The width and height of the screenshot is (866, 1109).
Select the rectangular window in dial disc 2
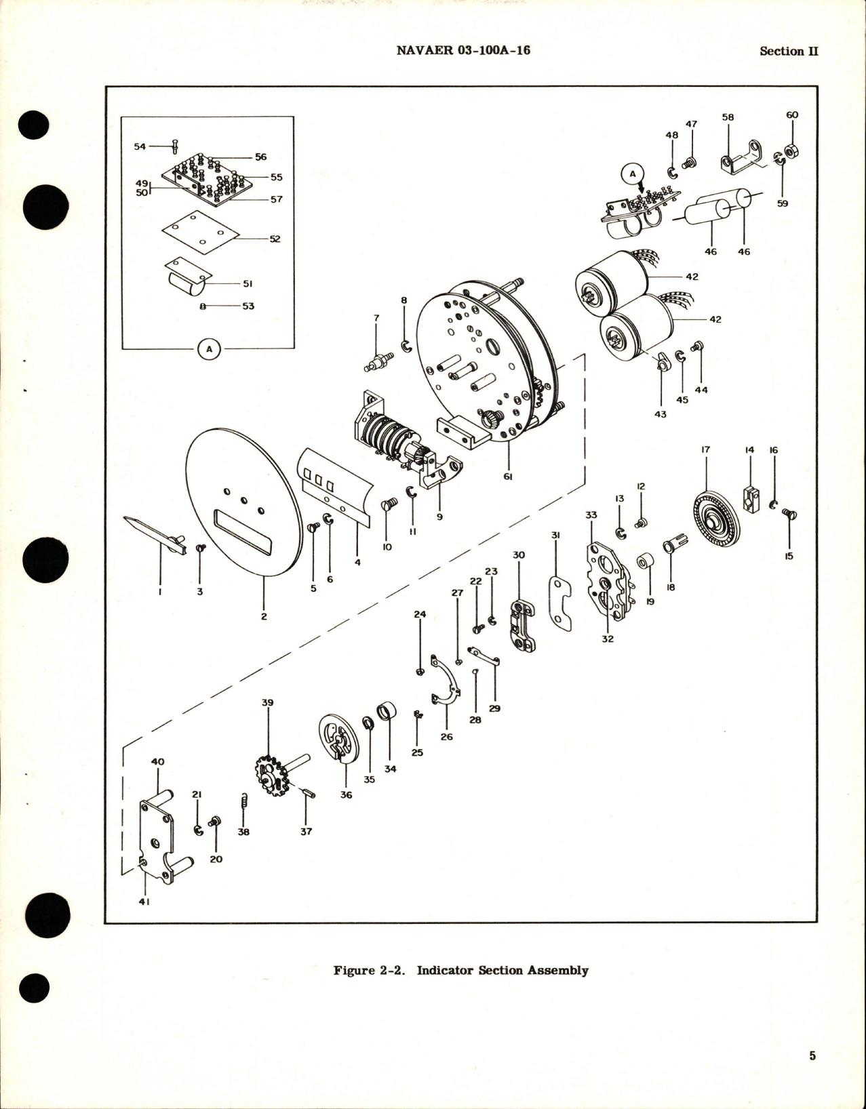(243, 532)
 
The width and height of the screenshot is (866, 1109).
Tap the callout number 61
(508, 477)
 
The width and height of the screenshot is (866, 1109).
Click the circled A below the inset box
(209, 349)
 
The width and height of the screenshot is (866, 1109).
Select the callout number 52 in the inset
(275, 239)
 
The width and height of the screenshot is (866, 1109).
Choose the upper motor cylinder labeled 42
(613, 277)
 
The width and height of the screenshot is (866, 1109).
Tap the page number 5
(812, 1055)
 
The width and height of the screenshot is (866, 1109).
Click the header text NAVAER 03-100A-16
(462, 50)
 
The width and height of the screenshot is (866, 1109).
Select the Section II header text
(789, 51)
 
